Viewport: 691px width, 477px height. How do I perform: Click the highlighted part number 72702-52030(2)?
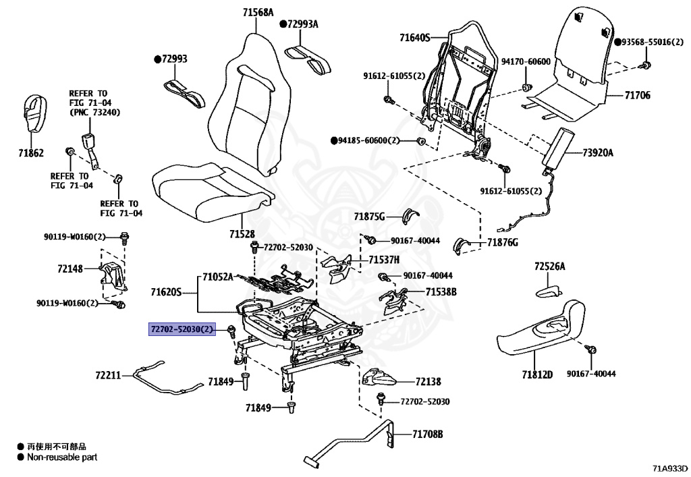[x=182, y=329]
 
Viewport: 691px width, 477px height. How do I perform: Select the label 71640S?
[x=414, y=37]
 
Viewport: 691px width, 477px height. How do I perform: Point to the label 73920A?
[x=598, y=153]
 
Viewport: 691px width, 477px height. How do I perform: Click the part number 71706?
[x=636, y=95]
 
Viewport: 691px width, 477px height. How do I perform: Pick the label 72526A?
[x=549, y=266]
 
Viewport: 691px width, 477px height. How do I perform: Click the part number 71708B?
[x=428, y=434]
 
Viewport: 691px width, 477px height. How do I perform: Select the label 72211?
[x=108, y=374]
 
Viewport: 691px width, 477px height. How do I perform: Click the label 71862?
[x=31, y=153]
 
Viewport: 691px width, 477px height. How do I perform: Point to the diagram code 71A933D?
[x=669, y=468]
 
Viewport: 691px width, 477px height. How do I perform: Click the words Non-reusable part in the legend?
[x=62, y=457]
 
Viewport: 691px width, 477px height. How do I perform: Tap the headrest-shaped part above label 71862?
[x=33, y=115]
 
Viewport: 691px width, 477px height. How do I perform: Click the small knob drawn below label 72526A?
[x=548, y=292]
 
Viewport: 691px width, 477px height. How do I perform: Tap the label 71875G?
[x=369, y=217]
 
